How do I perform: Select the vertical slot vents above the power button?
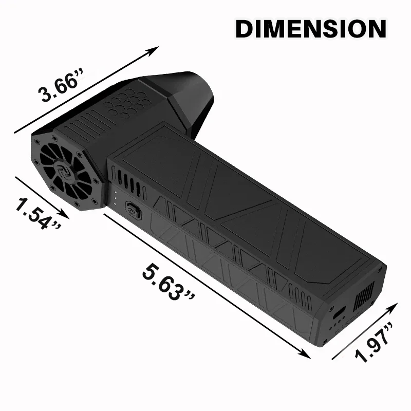point(128,180)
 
